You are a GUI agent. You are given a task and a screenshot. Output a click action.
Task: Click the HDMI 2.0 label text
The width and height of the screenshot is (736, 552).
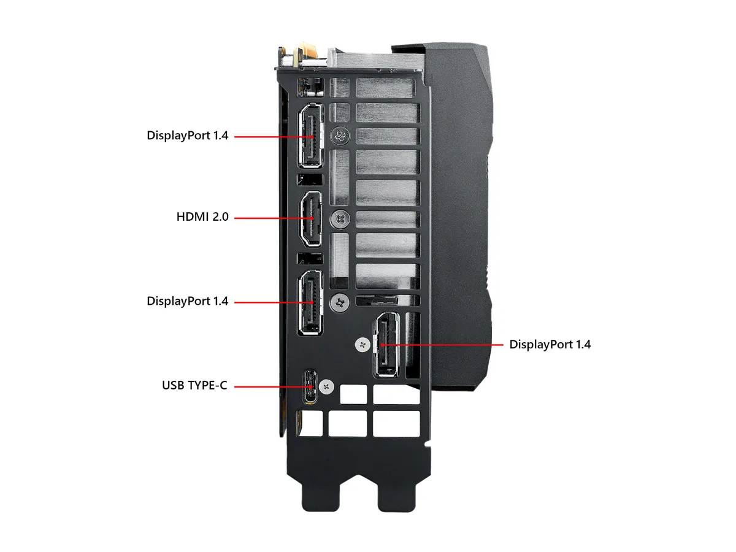(202, 217)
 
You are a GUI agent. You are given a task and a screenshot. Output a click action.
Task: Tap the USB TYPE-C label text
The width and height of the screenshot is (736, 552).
(194, 385)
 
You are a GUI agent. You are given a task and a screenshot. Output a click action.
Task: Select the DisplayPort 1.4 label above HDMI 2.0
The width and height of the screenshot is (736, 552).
(188, 136)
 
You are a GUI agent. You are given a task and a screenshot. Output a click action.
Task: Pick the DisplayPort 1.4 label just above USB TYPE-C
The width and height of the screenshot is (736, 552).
(188, 301)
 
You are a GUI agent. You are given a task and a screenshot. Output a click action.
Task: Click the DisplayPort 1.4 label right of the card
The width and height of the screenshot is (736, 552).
(550, 345)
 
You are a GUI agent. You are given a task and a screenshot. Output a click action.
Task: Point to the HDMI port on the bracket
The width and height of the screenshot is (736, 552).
(311, 219)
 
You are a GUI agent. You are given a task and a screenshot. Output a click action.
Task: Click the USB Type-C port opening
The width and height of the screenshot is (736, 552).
(310, 387)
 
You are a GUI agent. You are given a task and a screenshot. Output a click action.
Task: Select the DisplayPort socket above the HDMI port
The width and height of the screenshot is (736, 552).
(311, 136)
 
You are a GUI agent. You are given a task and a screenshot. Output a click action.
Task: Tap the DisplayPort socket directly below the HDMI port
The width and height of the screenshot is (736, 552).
(310, 302)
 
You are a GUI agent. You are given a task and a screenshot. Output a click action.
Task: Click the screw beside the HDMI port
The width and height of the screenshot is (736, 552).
(340, 220)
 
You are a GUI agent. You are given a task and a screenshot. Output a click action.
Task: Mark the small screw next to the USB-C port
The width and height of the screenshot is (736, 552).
(326, 387)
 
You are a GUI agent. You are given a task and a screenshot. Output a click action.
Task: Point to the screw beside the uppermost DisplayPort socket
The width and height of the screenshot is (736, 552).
(340, 136)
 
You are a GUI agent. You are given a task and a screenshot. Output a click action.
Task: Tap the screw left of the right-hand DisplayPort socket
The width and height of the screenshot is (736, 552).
(362, 345)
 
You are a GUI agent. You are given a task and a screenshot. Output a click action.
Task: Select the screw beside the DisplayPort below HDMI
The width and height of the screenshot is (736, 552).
(340, 302)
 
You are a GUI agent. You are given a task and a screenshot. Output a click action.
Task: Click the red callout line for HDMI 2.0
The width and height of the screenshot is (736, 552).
(274, 218)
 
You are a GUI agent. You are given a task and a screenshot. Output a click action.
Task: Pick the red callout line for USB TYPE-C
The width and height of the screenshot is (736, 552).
(274, 387)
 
